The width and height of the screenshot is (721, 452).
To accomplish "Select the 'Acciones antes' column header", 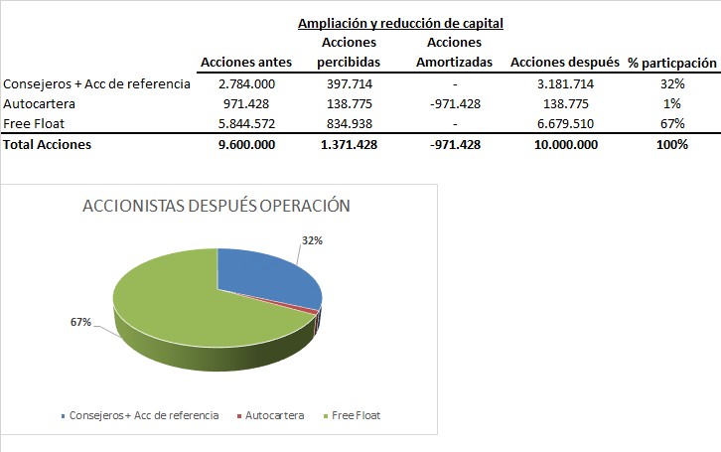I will coord(246,63).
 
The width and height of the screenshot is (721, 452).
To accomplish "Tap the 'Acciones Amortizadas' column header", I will coord(453,53).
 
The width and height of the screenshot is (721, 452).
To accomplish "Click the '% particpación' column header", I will coord(672,63).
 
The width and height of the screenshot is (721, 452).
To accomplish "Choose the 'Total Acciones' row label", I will coord(48,144).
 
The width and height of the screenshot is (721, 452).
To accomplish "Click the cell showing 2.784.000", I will coord(246,83).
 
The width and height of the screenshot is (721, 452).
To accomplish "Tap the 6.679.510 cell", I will coord(565,123).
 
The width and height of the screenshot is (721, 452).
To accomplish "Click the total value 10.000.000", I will coord(565,144).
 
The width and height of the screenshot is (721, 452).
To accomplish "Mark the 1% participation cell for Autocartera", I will coord(672,103).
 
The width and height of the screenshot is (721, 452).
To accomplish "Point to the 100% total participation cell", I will coord(672,144).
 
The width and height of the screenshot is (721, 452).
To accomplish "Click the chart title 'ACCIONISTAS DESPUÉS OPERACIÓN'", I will coord(217,207).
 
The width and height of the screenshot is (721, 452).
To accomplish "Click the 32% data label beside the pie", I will coord(312,239).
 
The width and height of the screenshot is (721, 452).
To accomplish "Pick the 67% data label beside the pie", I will coord(80,322).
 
